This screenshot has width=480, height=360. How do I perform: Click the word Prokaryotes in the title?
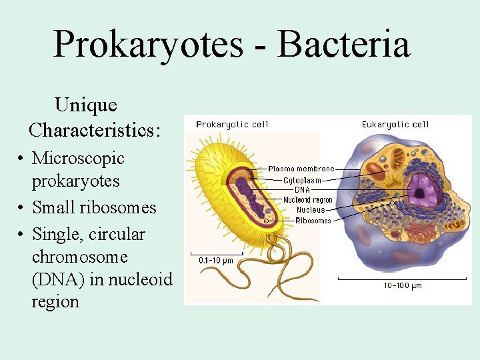point(147,44)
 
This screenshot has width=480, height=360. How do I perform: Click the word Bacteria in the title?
point(343,44)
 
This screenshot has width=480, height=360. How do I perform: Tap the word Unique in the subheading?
point(86,105)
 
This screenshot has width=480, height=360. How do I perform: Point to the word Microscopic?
point(78,158)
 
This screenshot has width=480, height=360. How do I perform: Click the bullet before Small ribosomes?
point(22,208)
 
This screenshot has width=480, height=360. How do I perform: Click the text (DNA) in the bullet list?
point(57,279)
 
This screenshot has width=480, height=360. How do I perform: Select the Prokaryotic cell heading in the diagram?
point(232,125)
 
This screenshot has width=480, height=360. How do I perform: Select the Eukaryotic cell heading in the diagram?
point(395,125)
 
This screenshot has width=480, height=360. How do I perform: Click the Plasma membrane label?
point(301,169)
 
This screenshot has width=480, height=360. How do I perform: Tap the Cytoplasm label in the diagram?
point(302,180)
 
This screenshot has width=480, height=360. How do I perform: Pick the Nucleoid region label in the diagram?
point(307,200)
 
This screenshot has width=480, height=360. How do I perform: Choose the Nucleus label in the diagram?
point(311,210)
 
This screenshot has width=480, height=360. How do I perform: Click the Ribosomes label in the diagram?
point(313,221)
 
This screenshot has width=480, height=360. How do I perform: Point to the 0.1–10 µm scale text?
point(216,261)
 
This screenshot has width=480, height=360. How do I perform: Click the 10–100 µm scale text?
point(402,286)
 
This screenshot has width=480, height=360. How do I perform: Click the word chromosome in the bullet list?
point(79,257)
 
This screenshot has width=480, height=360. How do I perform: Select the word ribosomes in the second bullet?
point(117,207)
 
